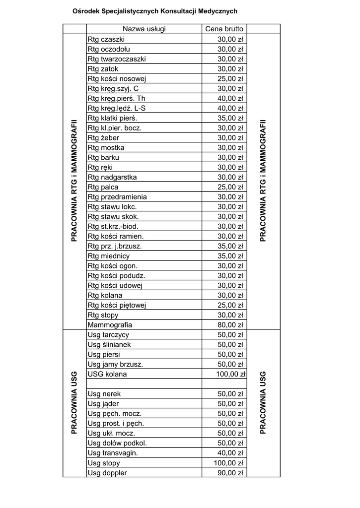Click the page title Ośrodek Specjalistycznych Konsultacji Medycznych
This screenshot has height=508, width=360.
click(154, 10)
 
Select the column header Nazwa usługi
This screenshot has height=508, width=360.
click(144, 29)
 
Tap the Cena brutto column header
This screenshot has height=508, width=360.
click(224, 29)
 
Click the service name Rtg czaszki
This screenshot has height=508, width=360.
click(106, 39)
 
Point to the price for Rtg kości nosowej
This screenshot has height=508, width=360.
click(230, 78)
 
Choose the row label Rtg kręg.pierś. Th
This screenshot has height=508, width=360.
click(116, 98)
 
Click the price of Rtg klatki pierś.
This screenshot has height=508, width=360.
click(230, 118)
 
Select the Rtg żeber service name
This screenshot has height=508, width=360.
click(103, 138)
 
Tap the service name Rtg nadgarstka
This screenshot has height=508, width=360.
click(112, 177)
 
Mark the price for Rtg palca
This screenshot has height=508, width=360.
click(230, 187)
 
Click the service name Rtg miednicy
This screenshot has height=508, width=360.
click(108, 256)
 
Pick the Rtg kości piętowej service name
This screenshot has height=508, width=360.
click(117, 305)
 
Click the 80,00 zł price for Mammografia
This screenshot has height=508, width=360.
click(230, 325)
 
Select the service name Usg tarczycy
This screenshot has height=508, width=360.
click(108, 335)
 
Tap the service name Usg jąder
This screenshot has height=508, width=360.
click(103, 404)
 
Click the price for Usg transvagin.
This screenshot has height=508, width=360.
click(230, 453)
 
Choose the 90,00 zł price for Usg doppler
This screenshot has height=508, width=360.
click(230, 473)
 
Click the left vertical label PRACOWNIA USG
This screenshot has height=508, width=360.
click(74, 402)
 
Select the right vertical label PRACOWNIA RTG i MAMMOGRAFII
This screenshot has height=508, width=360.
click(263, 180)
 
